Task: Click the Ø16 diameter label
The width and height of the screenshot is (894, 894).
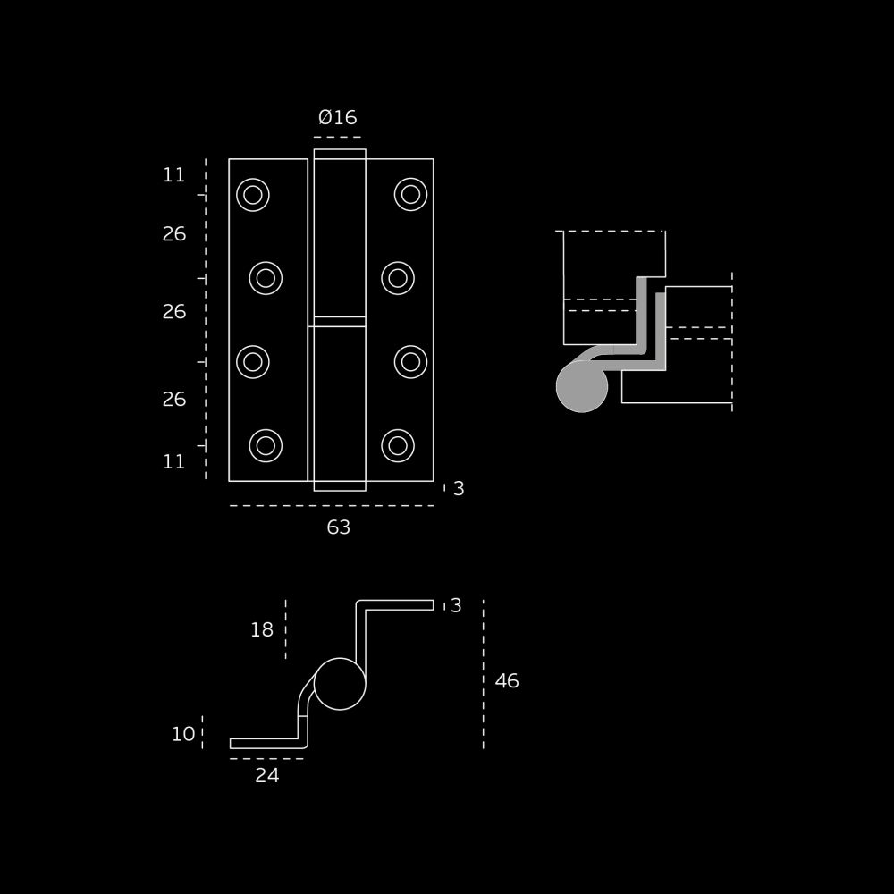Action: coord(338,117)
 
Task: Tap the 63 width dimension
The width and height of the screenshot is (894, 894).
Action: coord(338,527)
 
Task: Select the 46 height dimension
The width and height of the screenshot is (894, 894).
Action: coord(507,680)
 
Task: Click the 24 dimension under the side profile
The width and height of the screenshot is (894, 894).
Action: coord(266,775)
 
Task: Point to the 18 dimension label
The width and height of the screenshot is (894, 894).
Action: coord(262,629)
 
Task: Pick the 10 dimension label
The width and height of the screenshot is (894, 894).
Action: coord(183,734)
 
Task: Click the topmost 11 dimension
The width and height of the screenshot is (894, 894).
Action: coord(174,175)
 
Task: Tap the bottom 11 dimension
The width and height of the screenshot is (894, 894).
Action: coord(174,461)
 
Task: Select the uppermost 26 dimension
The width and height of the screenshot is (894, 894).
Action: coord(174,233)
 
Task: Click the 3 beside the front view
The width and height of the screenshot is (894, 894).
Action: coord(459,489)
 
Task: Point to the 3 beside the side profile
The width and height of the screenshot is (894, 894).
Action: coord(456,605)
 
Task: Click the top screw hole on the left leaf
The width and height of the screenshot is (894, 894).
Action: coord(253,195)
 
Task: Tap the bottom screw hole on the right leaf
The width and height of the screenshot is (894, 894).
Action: coord(398,446)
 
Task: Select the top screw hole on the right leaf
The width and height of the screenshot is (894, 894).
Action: coord(410,194)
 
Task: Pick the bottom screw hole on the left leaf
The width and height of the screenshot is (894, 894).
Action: coord(266,446)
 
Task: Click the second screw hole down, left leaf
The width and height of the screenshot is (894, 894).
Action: coord(266,278)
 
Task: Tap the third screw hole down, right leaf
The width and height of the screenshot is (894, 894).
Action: coord(410,362)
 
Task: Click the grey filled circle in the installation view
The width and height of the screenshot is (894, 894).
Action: coord(582,386)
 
